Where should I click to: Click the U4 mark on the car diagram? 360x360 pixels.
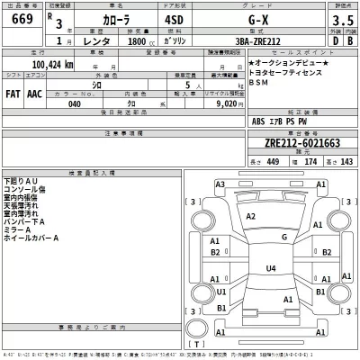pos(271,267)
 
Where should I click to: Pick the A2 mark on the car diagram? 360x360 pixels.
pos(252,217)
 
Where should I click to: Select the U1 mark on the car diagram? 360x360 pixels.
pos(221,292)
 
